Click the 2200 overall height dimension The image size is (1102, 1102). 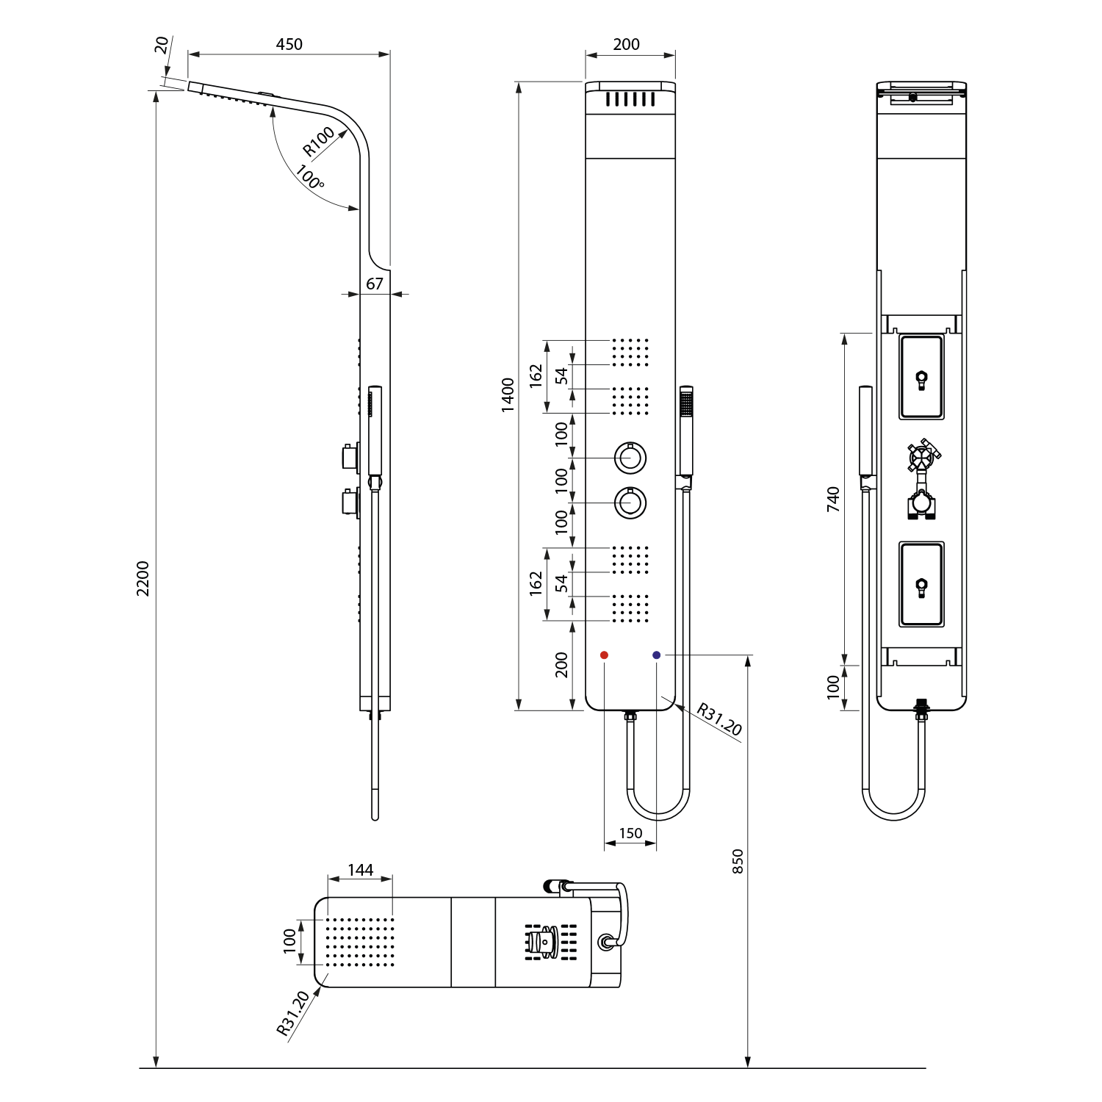143,578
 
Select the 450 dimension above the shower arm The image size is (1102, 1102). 289,44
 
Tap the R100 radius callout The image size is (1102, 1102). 319,141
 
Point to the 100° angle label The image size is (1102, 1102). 310,178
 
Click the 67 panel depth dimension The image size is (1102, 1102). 375,284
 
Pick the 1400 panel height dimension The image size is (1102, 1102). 508,395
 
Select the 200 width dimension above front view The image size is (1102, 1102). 626,44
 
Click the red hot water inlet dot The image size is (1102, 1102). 604,655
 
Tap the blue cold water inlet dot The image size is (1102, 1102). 656,655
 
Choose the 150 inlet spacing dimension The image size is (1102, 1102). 630,833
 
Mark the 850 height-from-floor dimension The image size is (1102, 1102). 738,861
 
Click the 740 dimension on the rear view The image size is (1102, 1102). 832,499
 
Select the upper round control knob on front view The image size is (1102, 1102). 630,458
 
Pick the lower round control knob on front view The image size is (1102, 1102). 630,503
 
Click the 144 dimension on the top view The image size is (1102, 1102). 360,870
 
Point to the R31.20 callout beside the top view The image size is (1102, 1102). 293,1013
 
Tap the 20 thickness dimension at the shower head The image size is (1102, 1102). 162,44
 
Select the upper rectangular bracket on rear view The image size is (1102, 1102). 921,377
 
